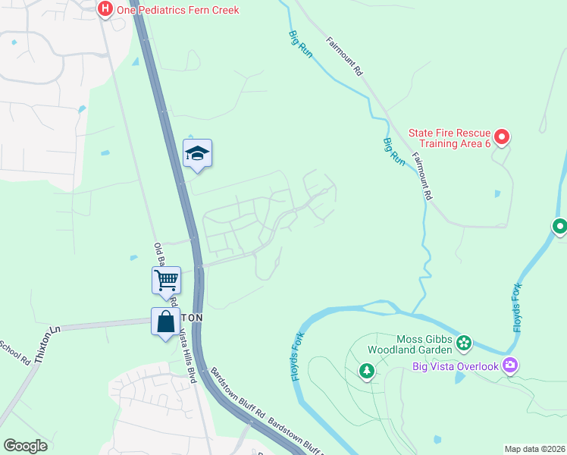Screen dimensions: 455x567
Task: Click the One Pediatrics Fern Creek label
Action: point(177,10)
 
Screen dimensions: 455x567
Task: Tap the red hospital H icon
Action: point(105,9)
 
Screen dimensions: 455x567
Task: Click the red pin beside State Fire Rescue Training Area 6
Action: point(502,137)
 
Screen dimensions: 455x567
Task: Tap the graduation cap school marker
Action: point(197,153)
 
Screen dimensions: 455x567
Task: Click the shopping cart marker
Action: point(166,280)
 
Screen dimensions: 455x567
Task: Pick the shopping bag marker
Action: point(165,323)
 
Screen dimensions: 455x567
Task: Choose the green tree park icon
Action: point(367,372)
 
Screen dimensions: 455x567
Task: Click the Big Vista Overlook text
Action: point(455,366)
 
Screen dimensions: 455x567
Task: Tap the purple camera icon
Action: point(510,366)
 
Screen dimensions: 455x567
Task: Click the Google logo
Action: point(25,446)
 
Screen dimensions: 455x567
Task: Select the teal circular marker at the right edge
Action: point(559,226)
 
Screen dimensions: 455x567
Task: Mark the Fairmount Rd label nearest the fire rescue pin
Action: point(421,174)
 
